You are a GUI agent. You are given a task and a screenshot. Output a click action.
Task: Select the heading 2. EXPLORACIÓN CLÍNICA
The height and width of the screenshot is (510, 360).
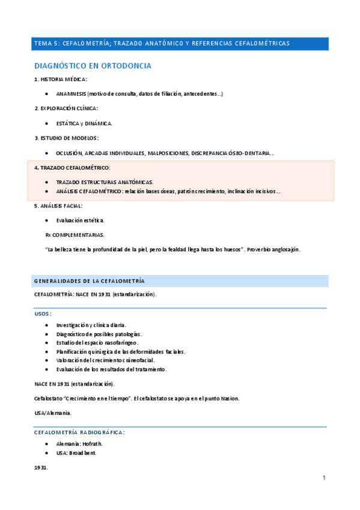(x=66, y=108)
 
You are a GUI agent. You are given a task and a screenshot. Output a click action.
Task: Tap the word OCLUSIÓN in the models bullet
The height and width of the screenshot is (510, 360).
(x=68, y=153)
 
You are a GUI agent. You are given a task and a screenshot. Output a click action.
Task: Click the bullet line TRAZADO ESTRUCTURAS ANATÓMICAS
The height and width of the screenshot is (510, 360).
(x=105, y=182)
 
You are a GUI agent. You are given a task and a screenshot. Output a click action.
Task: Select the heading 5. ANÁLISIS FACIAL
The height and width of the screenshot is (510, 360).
(x=62, y=206)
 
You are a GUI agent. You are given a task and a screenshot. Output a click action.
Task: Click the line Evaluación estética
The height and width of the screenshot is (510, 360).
(x=80, y=220)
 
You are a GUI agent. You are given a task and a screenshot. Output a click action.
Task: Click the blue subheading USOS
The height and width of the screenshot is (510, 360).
(x=42, y=313)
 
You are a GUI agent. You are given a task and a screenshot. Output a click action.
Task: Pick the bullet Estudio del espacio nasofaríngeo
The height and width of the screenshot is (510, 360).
(x=97, y=343)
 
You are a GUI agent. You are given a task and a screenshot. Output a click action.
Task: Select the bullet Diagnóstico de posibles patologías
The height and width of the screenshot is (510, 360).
(x=99, y=334)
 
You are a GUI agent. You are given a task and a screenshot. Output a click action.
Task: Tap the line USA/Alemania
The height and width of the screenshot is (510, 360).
(x=53, y=413)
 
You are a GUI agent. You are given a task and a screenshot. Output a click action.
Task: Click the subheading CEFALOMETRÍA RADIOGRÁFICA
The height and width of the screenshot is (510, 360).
(x=79, y=432)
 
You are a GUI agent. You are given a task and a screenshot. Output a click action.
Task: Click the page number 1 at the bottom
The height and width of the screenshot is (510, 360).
(x=323, y=478)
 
